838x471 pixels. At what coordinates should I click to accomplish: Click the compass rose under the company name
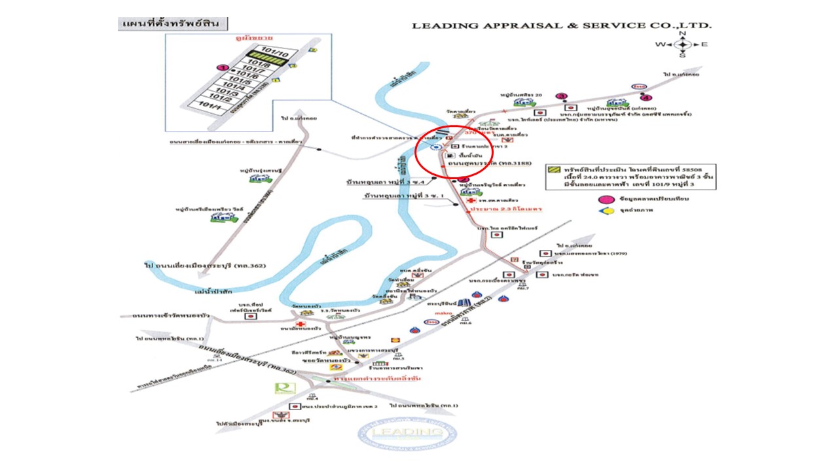pyautogui.click(x=682, y=44)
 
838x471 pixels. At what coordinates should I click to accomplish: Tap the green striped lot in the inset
pyautogui.click(x=272, y=60)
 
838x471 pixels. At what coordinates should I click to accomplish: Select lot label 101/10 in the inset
pyautogui.click(x=270, y=50)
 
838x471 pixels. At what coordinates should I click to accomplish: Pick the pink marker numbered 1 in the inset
pyautogui.click(x=223, y=67)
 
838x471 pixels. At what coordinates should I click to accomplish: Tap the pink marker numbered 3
pyautogui.click(x=561, y=96)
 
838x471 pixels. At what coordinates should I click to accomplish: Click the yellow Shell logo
pyautogui.click(x=393, y=339)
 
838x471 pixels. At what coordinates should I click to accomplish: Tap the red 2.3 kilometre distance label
pyautogui.click(x=504, y=209)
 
